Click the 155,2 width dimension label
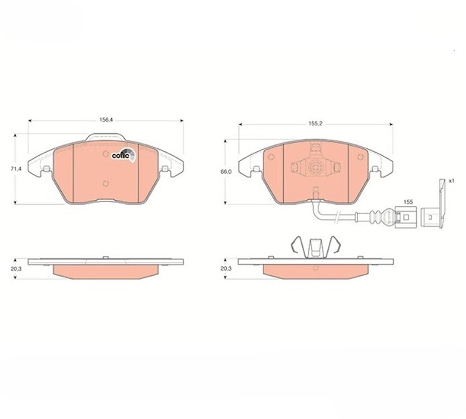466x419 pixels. pos(315,123)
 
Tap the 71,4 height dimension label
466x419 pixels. pos(15,169)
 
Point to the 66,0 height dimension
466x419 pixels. pos(226,172)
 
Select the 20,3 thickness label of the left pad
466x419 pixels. pos(15,268)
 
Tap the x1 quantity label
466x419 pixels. pos(451,181)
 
